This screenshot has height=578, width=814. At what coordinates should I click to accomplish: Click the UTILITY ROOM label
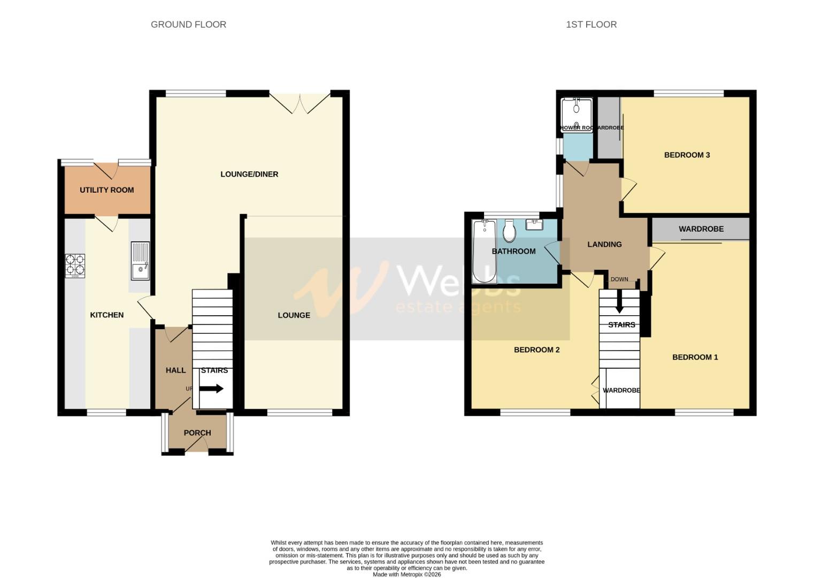point(106,190)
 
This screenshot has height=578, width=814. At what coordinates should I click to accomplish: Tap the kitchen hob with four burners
point(75,265)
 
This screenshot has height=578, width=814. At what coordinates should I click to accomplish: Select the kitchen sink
point(141,261)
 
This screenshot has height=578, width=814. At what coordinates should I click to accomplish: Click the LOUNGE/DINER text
point(249,174)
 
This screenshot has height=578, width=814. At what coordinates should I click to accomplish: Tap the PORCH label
point(197,433)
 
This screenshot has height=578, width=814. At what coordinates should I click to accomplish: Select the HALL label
point(175,370)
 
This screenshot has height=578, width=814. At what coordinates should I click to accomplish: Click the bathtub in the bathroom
point(483,252)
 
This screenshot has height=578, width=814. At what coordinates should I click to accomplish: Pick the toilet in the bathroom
point(509,231)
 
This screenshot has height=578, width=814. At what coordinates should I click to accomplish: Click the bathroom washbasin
point(534,224)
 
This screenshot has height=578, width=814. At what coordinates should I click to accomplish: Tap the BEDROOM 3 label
point(687,155)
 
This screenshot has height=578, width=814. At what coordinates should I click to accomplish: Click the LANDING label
point(604,245)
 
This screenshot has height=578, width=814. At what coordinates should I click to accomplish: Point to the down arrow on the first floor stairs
point(619,302)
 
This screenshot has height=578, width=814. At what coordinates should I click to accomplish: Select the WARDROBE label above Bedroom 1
point(701,229)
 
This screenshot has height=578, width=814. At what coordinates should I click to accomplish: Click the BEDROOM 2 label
point(536,350)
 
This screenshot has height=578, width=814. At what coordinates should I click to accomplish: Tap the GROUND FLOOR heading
point(188,25)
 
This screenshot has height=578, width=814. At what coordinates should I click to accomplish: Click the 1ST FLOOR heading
point(591,25)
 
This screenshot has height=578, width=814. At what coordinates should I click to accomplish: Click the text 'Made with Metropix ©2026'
point(406,574)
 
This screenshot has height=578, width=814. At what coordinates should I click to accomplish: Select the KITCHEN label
point(106,315)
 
